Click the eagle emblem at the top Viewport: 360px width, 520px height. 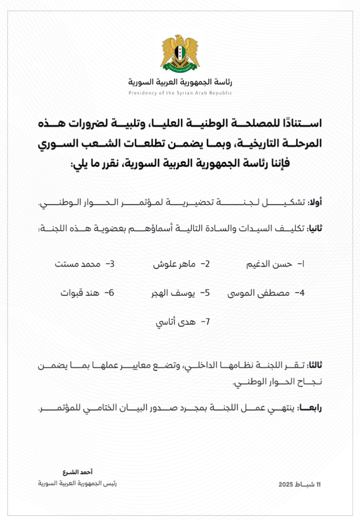(x=180, y=53)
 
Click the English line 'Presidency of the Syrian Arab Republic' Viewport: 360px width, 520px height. (x=180, y=93)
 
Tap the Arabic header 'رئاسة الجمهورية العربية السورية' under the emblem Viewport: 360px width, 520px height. (x=180, y=82)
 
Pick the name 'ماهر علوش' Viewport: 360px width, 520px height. (x=174, y=264)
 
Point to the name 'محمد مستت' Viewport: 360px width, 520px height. (x=77, y=264)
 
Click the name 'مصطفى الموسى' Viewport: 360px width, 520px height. (x=258, y=293)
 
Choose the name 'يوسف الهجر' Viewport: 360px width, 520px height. (x=173, y=293)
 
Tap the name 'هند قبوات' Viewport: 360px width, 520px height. (x=80, y=293)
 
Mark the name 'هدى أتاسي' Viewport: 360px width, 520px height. (x=175, y=322)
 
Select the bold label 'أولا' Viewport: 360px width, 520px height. (x=315, y=202)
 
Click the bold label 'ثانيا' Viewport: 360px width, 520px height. (x=314, y=228)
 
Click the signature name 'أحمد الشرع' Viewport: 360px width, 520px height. (x=78, y=472)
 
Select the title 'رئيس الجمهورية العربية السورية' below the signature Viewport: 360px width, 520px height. (x=77, y=483)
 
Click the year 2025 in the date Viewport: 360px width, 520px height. (x=286, y=485)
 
